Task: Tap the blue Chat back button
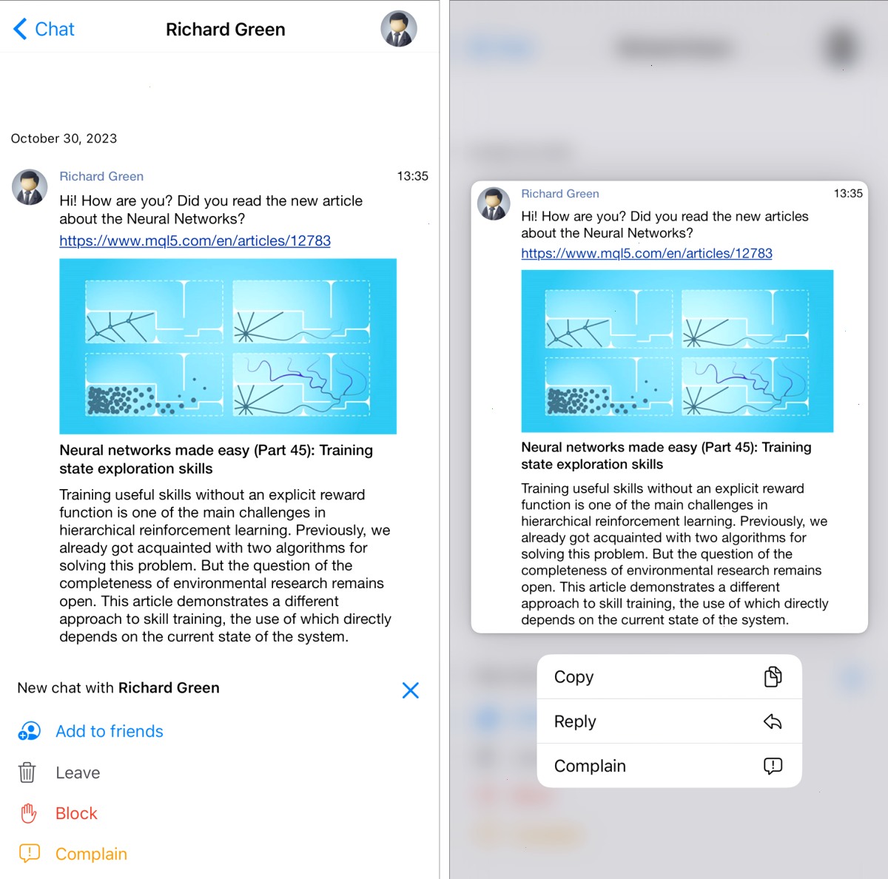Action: (x=44, y=29)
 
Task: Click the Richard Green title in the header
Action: (x=226, y=30)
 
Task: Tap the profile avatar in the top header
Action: (x=399, y=29)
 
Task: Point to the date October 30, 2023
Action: (x=64, y=138)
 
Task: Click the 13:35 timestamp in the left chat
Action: (x=412, y=176)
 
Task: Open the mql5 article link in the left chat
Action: (x=195, y=240)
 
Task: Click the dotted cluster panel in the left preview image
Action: (x=154, y=385)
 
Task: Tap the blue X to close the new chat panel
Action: (x=410, y=690)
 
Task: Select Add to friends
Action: (x=110, y=731)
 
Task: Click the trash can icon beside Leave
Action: (x=27, y=772)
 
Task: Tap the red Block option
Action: (x=76, y=813)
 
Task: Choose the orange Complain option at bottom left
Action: (x=91, y=854)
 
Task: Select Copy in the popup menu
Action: (x=573, y=677)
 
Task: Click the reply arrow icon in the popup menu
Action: (x=773, y=721)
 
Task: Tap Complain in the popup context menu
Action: (x=590, y=766)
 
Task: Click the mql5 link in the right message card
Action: (x=647, y=253)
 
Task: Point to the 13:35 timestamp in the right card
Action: (x=848, y=194)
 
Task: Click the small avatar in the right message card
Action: (x=494, y=203)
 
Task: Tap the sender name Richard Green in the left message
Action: (x=101, y=176)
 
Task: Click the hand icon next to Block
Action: (x=28, y=813)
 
